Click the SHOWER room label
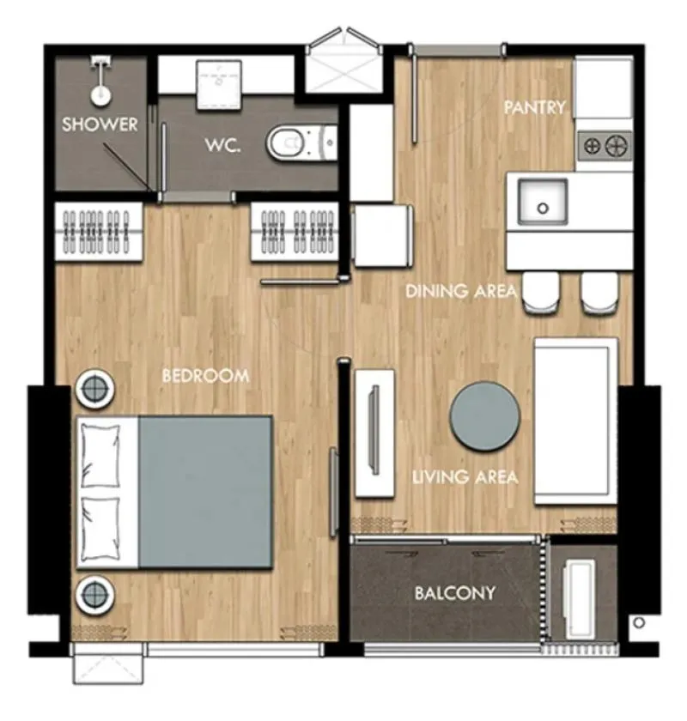point(100,124)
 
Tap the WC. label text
point(222,145)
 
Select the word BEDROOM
point(206,376)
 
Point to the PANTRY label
point(535,107)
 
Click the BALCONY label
point(455,593)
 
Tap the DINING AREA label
point(461,291)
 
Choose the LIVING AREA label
point(465,477)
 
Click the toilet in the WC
point(302,142)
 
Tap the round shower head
point(100,95)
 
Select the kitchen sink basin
point(543,202)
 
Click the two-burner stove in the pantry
point(605,146)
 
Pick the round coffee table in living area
point(485,415)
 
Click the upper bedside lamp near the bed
point(95,389)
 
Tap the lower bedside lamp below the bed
point(94,594)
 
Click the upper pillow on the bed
point(100,455)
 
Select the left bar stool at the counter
point(542,293)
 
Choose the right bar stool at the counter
point(599,293)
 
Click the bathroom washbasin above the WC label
point(219,85)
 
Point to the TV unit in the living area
point(374,433)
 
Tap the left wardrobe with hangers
point(99,232)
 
